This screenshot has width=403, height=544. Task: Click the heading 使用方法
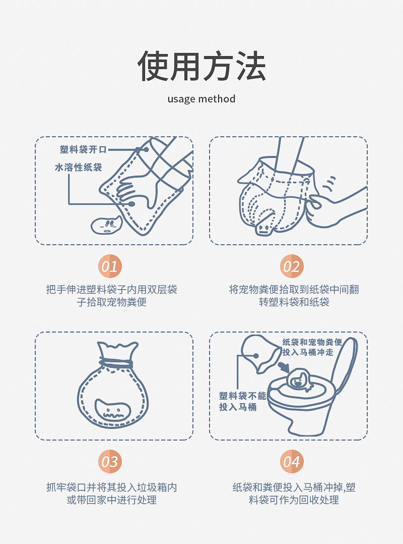[x=201, y=66]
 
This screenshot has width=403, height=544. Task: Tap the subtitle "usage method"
[x=201, y=99]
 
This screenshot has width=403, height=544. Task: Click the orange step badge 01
[x=110, y=266]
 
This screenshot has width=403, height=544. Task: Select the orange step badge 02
[x=292, y=266]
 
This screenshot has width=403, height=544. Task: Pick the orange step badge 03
[x=110, y=461]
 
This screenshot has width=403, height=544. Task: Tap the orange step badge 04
[x=292, y=461]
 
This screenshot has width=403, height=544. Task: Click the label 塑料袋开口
[x=83, y=149]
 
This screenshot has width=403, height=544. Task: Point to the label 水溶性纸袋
[x=78, y=167]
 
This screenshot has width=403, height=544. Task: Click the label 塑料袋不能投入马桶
[x=242, y=401]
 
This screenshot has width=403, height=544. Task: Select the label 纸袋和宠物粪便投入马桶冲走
[x=312, y=347]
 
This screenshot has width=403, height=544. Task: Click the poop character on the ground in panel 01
[x=106, y=225]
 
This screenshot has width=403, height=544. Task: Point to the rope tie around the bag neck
[x=116, y=362]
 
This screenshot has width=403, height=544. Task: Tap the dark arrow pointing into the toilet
[x=285, y=366]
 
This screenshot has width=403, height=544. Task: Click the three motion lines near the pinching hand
[x=329, y=183]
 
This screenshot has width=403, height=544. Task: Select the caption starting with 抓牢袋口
[x=111, y=494]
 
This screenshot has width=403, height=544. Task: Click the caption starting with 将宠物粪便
[x=294, y=296]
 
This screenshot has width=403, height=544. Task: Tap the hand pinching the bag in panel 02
[x=336, y=208]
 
